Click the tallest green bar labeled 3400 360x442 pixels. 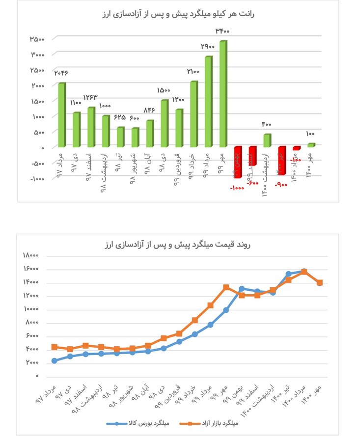pos(222,93)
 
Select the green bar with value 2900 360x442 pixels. pos(208,101)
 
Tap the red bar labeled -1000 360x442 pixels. pos(237,162)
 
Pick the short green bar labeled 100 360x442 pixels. pos(311,145)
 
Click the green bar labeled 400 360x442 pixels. pos(267,140)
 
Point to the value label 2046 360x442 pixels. pos(61,73)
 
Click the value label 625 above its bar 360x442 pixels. pos(120,118)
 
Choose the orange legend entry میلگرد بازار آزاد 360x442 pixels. pos(215,423)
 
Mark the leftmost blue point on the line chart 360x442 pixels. pos(54,361)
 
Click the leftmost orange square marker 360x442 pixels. pos(54,347)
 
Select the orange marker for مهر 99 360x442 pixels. pos(226,287)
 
